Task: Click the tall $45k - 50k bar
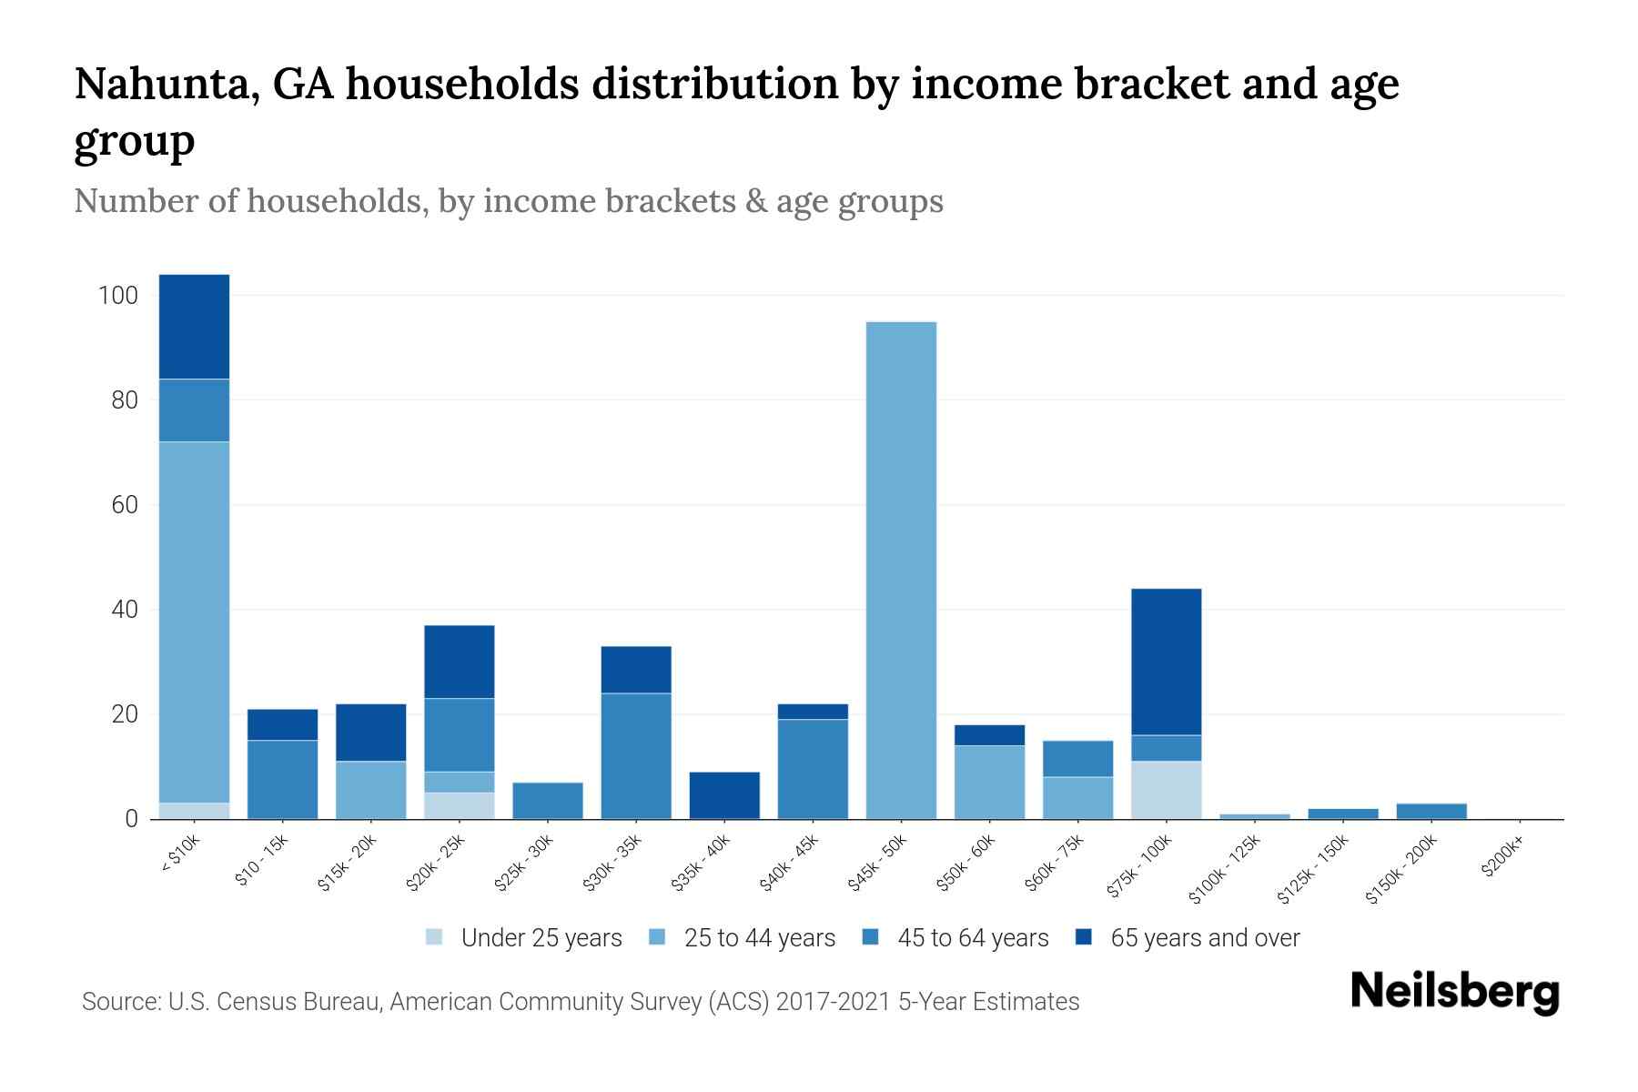tap(901, 571)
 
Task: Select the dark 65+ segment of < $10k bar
tap(194, 326)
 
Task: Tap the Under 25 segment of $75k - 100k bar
tap(1166, 790)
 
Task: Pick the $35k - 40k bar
tap(724, 795)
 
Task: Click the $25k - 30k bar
tap(548, 801)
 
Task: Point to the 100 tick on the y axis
tap(118, 296)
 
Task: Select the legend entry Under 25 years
tap(541, 938)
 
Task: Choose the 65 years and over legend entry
tap(1204, 938)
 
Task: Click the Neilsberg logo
tap(1454, 992)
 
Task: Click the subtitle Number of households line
tap(508, 201)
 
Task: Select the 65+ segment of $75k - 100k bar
tap(1166, 662)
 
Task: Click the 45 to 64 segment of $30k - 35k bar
tap(636, 755)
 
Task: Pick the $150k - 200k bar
tap(1431, 811)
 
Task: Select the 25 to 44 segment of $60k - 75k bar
tap(1077, 798)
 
